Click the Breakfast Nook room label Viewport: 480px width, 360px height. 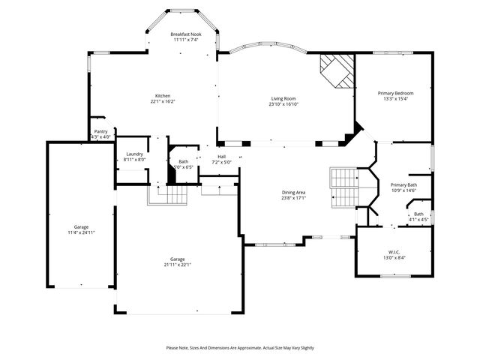point(185,34)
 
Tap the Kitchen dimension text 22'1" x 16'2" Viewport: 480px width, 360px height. point(163,102)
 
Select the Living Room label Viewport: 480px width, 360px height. point(283,99)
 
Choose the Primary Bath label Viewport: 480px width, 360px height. point(403,184)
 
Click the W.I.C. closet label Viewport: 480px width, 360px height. point(394,252)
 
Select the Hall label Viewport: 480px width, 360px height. point(222,157)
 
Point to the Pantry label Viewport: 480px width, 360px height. point(100,132)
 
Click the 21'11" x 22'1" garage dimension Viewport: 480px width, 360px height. point(178,265)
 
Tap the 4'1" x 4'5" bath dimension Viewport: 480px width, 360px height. point(418,220)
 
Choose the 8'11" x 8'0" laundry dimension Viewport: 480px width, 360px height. point(135,160)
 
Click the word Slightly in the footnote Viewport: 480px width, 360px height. point(304,348)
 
